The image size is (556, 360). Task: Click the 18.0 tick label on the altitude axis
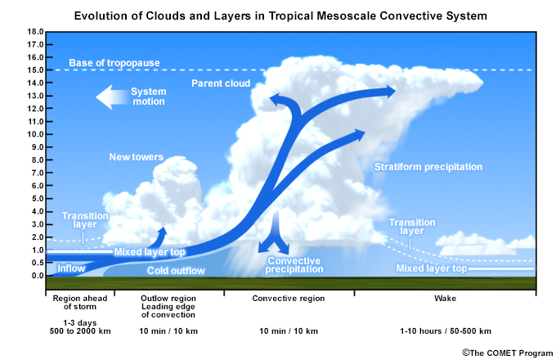(x=35, y=32)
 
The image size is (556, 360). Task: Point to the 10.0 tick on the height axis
(x=35, y=134)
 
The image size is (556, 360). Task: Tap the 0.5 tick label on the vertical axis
(x=38, y=263)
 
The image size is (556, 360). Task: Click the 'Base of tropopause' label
(x=114, y=63)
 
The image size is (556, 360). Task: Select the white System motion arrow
(x=112, y=97)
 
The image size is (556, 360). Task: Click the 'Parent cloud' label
(x=221, y=83)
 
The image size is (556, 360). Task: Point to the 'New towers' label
(x=137, y=157)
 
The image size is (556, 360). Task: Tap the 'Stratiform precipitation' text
(x=428, y=167)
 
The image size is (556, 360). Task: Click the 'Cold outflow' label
(x=176, y=271)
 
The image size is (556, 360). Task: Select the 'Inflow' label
(x=71, y=268)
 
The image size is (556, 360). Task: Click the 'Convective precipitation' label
(x=294, y=265)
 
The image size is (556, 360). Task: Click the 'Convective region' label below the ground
(x=289, y=299)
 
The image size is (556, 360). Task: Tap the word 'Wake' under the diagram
(x=446, y=299)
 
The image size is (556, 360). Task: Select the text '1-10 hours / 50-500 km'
(x=446, y=331)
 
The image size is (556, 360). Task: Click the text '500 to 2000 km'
(x=80, y=331)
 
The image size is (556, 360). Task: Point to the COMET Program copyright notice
(x=508, y=353)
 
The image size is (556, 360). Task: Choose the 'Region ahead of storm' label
(x=80, y=303)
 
